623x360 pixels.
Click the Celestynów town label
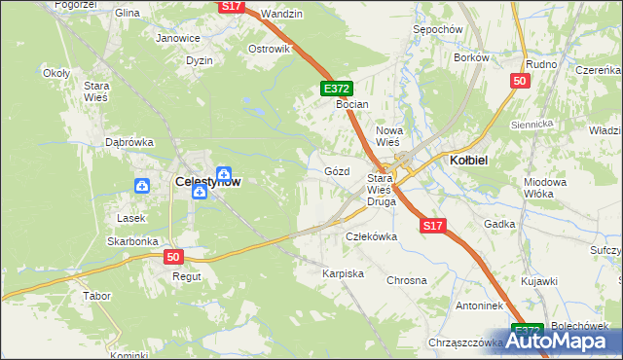[207, 181]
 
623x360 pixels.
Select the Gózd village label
[336, 171]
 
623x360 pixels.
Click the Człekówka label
[372, 236]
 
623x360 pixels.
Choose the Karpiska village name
[343, 274]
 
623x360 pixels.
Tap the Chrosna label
[407, 280]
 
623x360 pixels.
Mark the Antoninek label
[452, 305]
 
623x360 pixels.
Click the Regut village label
[186, 276]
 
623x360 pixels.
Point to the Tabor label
[97, 295]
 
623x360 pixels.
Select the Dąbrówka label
[129, 142]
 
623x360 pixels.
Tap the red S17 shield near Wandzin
[231, 6]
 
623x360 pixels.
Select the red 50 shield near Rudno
[519, 81]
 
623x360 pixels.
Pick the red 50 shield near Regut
[172, 257]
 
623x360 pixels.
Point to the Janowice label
[178, 38]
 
